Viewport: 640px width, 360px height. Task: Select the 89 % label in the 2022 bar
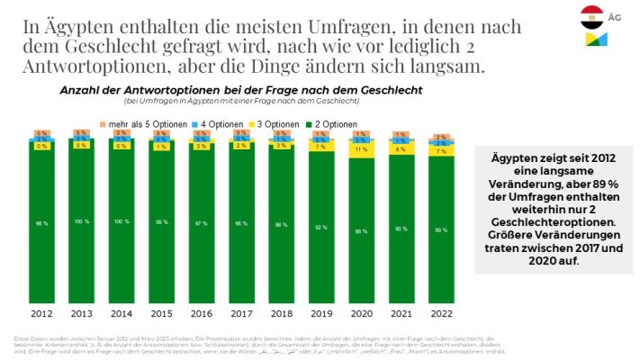click(x=442, y=231)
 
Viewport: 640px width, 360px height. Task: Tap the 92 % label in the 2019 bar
click(x=322, y=228)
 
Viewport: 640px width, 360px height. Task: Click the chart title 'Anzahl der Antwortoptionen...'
click(x=240, y=91)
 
